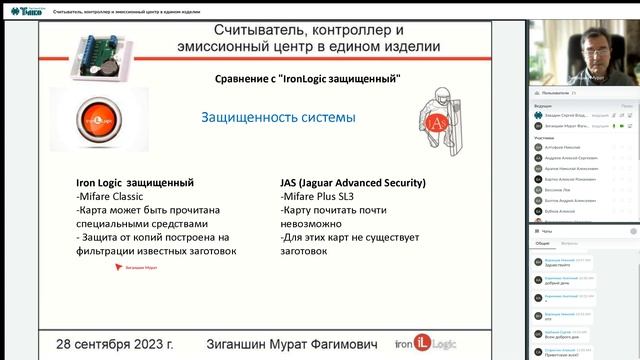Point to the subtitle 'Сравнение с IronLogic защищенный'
[308, 78]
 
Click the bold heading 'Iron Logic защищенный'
[135, 183]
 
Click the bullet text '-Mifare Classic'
[112, 197]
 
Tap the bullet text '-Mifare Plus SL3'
[318, 197]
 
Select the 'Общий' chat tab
[541, 243]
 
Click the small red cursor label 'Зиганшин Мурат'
[137, 268]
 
